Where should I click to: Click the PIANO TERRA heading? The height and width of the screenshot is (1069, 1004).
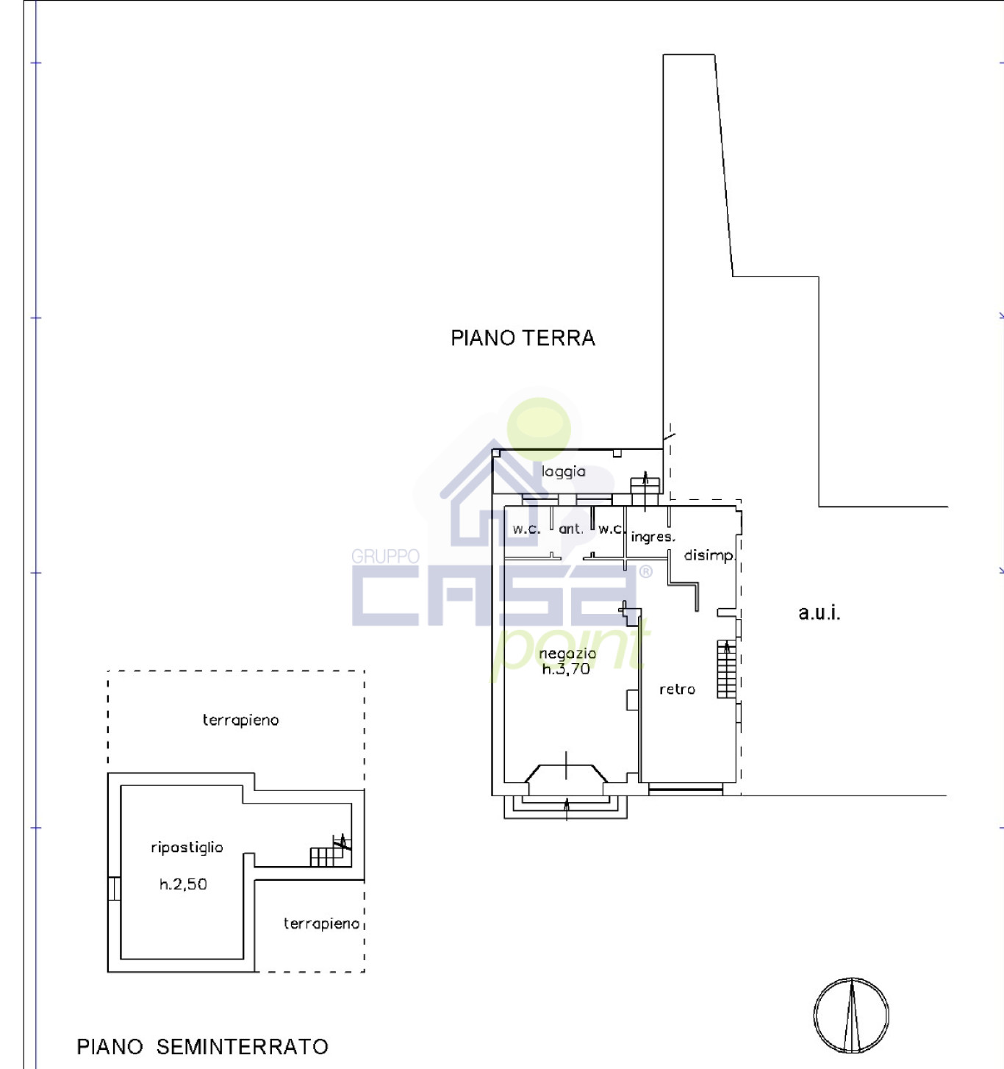coord(523,338)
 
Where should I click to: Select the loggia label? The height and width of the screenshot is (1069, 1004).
coord(563,471)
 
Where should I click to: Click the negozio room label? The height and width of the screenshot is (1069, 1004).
coord(567,654)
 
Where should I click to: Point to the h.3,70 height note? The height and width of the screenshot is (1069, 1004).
coord(566,669)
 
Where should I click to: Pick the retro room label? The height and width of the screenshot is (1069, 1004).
coord(677,690)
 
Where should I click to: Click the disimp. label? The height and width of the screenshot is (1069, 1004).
coord(709,556)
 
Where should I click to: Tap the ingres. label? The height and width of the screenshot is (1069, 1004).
coord(653,537)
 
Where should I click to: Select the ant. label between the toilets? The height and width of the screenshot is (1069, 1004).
coord(571,529)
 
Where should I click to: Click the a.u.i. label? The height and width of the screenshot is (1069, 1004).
coord(820,612)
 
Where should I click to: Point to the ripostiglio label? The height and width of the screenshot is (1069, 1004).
coord(187,848)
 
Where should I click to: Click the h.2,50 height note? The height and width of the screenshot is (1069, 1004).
coord(183,884)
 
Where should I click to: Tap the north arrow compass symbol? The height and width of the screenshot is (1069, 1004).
coord(851,1016)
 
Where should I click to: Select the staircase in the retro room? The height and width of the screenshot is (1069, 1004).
coord(726,669)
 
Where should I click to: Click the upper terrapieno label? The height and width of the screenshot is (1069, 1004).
coord(240,721)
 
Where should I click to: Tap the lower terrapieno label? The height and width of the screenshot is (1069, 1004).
coord(321,923)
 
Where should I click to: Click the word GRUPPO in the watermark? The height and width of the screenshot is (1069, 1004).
coord(385,557)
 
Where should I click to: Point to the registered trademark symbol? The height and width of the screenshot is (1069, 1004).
coord(646,572)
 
